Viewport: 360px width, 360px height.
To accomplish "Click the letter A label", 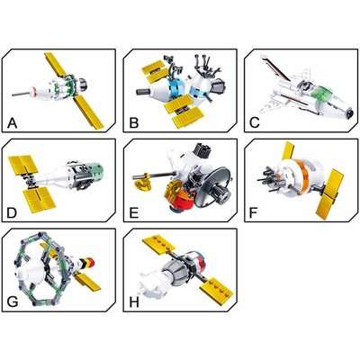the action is tap(12, 123).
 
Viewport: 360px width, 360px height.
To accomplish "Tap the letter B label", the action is tap(133, 123).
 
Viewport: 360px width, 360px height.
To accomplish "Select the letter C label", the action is tap(255, 123).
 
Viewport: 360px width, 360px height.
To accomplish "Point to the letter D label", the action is tap(12, 212).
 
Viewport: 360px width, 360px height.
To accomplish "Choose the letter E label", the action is tap(133, 212).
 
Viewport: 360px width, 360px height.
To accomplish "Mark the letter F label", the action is tap(254, 212).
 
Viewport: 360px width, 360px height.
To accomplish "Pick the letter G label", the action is tap(13, 302).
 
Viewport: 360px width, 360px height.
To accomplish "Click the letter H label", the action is tap(134, 302).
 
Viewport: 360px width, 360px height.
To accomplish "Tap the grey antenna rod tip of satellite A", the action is tap(13, 94).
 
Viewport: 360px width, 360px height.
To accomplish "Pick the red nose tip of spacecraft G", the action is tap(91, 263).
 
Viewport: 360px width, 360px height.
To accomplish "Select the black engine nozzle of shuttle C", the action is tap(349, 113).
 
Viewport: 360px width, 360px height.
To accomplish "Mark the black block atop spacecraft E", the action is tap(202, 150).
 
